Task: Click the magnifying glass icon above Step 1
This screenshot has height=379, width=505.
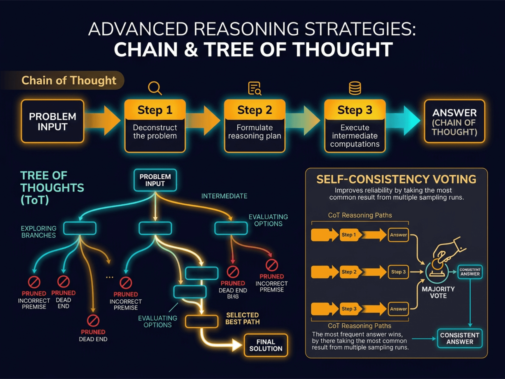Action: pos(155,88)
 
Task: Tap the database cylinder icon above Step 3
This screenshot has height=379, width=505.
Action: pos(355,88)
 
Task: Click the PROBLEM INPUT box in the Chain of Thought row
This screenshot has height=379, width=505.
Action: pos(52,122)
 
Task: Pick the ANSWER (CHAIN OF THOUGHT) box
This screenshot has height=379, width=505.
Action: pos(454,122)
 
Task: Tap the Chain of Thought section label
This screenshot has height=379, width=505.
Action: pos(68,81)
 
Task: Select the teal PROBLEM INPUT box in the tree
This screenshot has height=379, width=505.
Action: pos(155,180)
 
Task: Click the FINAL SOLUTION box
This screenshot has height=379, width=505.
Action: pos(265,345)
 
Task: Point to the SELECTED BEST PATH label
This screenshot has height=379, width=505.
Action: pos(242,318)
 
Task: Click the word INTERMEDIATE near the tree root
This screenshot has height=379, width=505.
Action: pos(224,196)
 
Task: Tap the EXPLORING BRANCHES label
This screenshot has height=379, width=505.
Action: pos(39,232)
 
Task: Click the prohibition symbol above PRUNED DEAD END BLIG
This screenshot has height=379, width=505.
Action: pos(233,272)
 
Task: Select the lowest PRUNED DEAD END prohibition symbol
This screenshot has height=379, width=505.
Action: pos(93,321)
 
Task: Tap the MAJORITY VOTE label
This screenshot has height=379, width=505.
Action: pos(438,292)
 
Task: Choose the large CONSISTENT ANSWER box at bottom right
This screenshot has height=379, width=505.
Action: pos(460,338)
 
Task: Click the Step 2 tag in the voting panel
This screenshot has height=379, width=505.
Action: pos(349,272)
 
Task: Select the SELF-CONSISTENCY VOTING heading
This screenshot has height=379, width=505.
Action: pos(396,179)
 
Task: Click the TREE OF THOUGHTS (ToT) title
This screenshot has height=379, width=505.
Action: pos(52,188)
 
